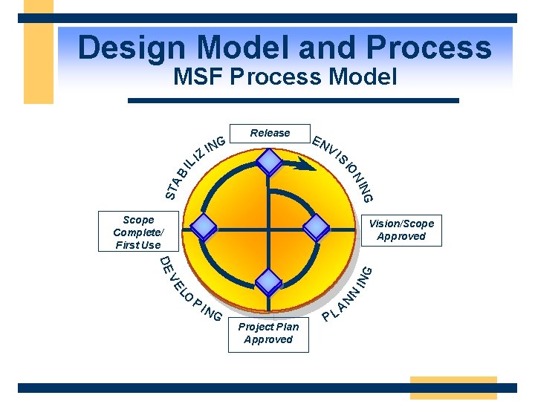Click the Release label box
(270, 133)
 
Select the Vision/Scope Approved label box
(401, 230)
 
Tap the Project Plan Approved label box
(268, 333)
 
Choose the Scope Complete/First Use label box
(138, 232)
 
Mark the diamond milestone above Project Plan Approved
(268, 279)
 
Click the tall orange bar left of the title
(39, 52)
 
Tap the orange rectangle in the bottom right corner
(453, 388)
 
